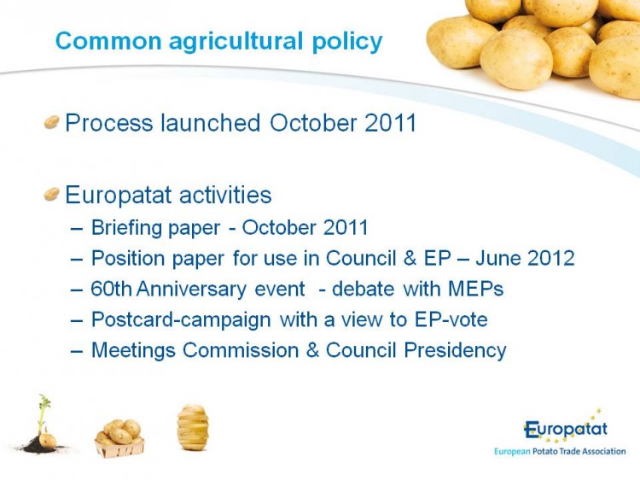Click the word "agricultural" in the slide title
pos(236,42)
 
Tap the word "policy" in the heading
pos(347,42)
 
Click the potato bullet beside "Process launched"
pos(51,122)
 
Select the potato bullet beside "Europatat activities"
pos(51,194)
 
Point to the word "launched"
pos(210,122)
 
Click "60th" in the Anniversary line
pos(111,289)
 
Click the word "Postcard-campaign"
pos(181,320)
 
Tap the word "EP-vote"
pos(451,319)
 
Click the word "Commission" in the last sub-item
pos(241,350)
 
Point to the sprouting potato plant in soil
pos(43,424)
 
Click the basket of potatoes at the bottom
pos(119,438)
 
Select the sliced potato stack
pos(193,427)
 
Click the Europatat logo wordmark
pos(566,430)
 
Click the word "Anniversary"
pos(191,290)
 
